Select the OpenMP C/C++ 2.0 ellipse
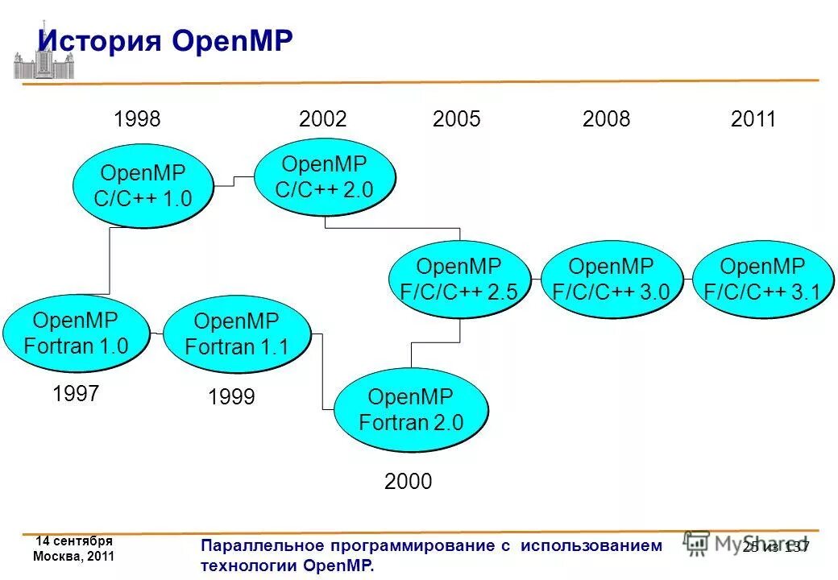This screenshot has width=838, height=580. coord(325,176)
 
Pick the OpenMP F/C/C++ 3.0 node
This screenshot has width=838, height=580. coord(611,280)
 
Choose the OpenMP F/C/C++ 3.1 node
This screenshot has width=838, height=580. coord(761,280)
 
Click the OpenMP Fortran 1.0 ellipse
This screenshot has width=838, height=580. coord(76,333)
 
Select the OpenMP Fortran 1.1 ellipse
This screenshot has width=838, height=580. coord(236,333)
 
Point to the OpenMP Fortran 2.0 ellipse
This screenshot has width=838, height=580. coord(410,410)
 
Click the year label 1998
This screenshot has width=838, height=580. coord(137,120)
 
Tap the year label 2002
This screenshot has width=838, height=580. coord(322,120)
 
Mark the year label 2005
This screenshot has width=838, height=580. coord(456,120)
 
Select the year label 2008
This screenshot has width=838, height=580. coord(606,120)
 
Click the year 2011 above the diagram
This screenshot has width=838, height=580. coord(753,120)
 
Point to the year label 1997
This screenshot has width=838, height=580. coord(76,394)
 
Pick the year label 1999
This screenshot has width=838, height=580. coord(231,396)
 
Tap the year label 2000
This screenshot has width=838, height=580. coord(408,482)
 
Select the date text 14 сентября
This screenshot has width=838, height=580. coord(74,541)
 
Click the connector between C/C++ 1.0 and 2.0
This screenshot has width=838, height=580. coord(234,180)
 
